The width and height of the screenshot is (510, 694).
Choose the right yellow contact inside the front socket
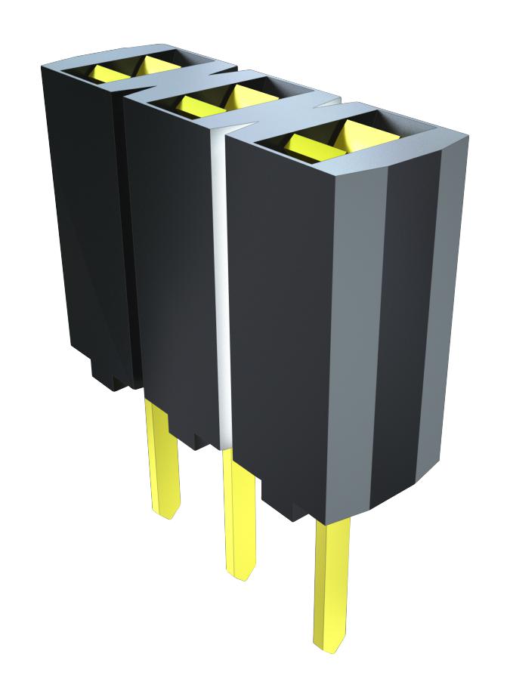click(355, 136)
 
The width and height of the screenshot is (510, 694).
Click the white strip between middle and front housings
click(221, 287)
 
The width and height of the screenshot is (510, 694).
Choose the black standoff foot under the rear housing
click(106, 374)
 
